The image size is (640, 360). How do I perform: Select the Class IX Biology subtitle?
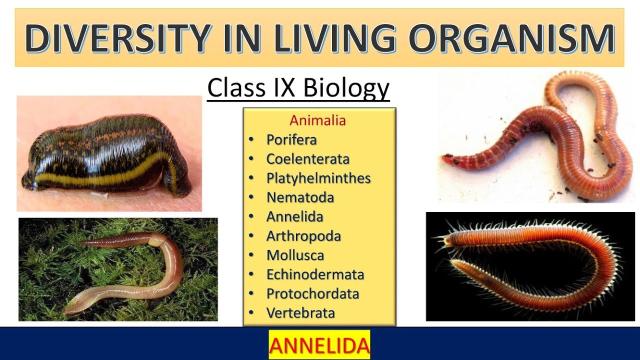tap(298, 88)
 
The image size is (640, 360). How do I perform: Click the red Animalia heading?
tap(318, 120)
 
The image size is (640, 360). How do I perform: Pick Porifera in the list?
tap(291, 140)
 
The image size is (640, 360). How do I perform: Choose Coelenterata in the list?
tap(307, 159)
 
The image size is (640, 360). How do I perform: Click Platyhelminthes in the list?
tap(318, 178)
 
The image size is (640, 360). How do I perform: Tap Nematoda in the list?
tap(300, 197)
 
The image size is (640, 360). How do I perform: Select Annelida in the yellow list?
tap(294, 216)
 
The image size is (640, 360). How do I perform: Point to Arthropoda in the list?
tap(303, 236)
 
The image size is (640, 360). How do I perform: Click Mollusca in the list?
tap(295, 255)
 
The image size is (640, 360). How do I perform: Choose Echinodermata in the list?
tap(315, 274)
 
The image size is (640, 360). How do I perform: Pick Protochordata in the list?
tap(312, 293)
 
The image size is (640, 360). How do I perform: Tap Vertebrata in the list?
tap(300, 313)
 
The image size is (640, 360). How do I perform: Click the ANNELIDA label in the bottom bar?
tap(319, 345)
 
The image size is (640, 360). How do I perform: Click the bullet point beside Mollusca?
tap(251, 255)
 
